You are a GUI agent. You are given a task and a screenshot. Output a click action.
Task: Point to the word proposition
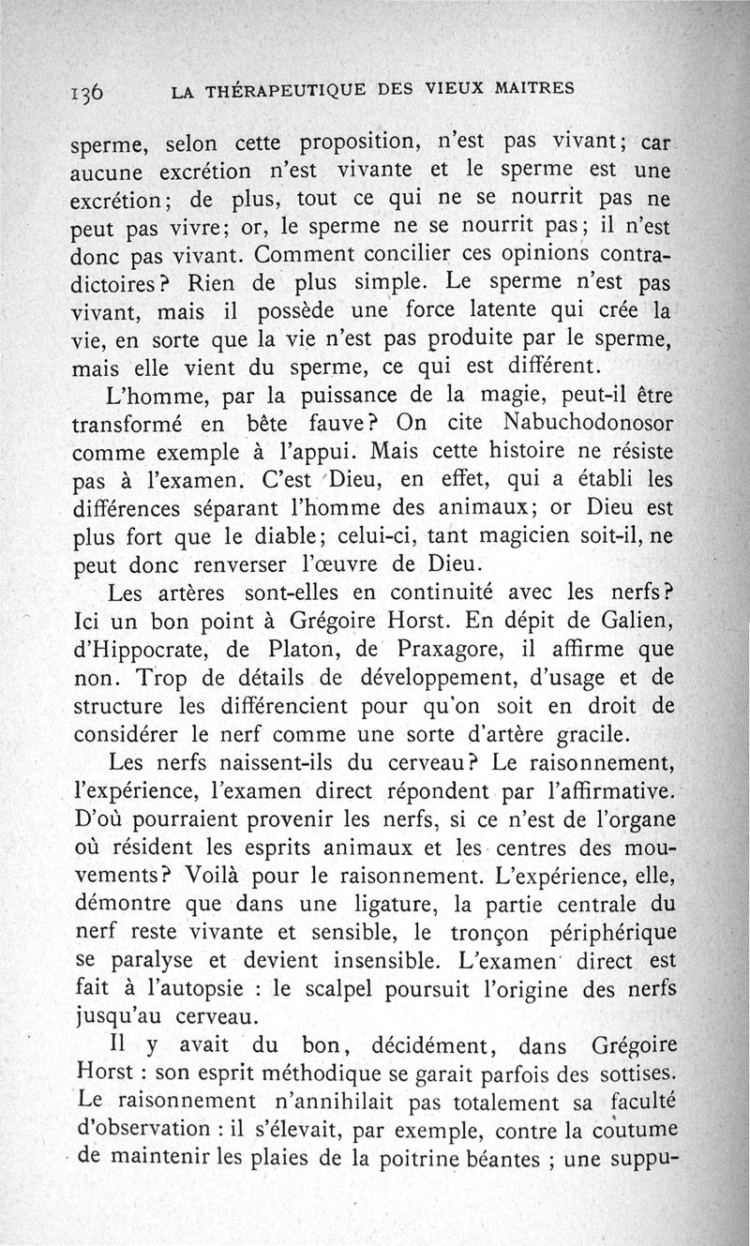(x=356, y=144)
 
